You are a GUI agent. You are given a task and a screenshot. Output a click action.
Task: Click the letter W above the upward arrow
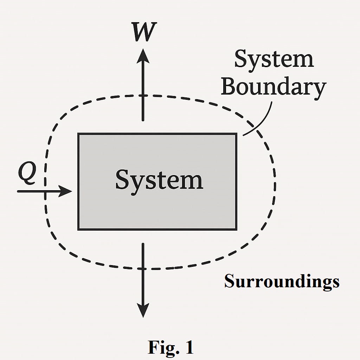click(x=144, y=32)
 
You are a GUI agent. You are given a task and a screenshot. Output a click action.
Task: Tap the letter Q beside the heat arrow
click(x=27, y=175)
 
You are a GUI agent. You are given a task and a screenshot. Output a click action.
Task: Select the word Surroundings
click(x=282, y=281)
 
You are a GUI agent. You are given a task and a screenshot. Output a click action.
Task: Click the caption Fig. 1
click(x=171, y=347)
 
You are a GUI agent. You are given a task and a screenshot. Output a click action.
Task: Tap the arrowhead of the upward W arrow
click(x=143, y=56)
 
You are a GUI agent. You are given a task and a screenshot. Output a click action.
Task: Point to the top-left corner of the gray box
click(x=78, y=134)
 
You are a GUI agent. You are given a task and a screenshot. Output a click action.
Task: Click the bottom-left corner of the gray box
click(x=78, y=229)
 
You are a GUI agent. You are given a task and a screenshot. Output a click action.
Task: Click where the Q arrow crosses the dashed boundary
click(x=45, y=191)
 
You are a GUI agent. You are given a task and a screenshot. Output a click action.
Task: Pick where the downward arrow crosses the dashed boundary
click(x=143, y=269)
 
